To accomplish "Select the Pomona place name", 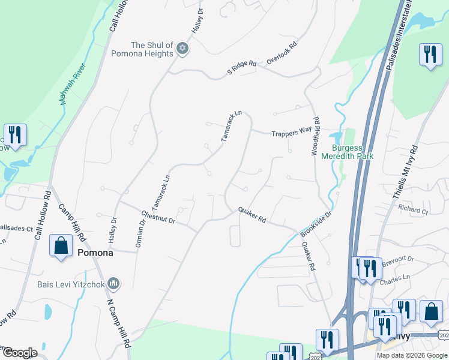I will (x=95, y=253).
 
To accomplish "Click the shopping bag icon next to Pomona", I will (x=61, y=246).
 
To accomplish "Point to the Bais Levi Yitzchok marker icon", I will (x=115, y=284).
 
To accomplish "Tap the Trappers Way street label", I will (x=292, y=136).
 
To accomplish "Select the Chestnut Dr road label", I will (x=158, y=217).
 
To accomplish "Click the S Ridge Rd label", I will (x=242, y=67).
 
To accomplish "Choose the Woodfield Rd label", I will (x=316, y=137).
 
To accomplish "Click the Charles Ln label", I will (x=396, y=278).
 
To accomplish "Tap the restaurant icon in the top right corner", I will (x=429, y=55).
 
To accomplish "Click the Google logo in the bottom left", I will (x=20, y=353).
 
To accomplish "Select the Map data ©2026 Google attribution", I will (x=412, y=355).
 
